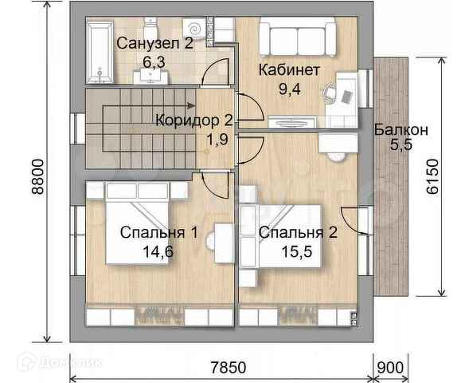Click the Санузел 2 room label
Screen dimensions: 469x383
click(154, 43)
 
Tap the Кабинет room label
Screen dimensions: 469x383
click(289, 70)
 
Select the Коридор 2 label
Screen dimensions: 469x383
click(194, 120)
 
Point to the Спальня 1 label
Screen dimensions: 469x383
click(158, 232)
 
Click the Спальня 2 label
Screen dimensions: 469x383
click(298, 232)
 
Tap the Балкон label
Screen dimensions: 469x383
click(401, 130)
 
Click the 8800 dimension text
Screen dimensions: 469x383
click(38, 177)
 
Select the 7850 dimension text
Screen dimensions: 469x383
click(229, 367)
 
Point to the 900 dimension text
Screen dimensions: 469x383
click(390, 367)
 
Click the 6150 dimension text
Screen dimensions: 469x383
click(432, 177)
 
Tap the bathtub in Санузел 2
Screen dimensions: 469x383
click(100, 52)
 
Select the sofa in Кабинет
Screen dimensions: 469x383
click(297, 38)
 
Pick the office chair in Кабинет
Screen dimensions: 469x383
click(330, 93)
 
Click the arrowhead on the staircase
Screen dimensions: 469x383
click(191, 105)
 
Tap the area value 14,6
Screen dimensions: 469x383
click(158, 251)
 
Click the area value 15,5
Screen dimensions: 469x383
click(297, 251)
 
